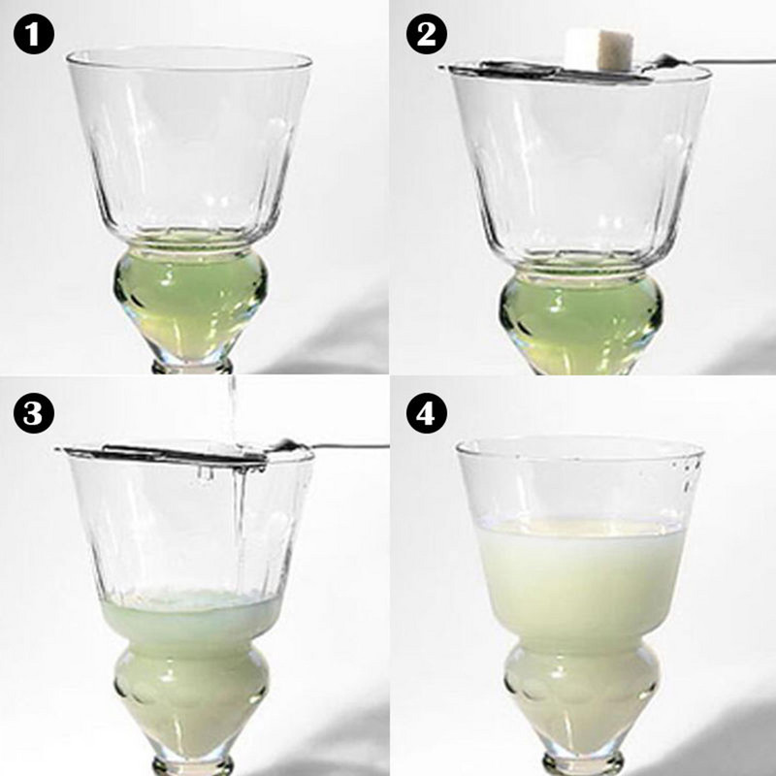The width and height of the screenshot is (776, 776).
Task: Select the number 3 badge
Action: click(x=33, y=412)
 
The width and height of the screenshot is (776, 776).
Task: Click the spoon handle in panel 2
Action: click(x=727, y=63)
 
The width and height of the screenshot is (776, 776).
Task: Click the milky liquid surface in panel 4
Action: click(x=580, y=527)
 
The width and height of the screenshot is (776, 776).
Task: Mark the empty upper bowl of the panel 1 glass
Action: click(x=189, y=145)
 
